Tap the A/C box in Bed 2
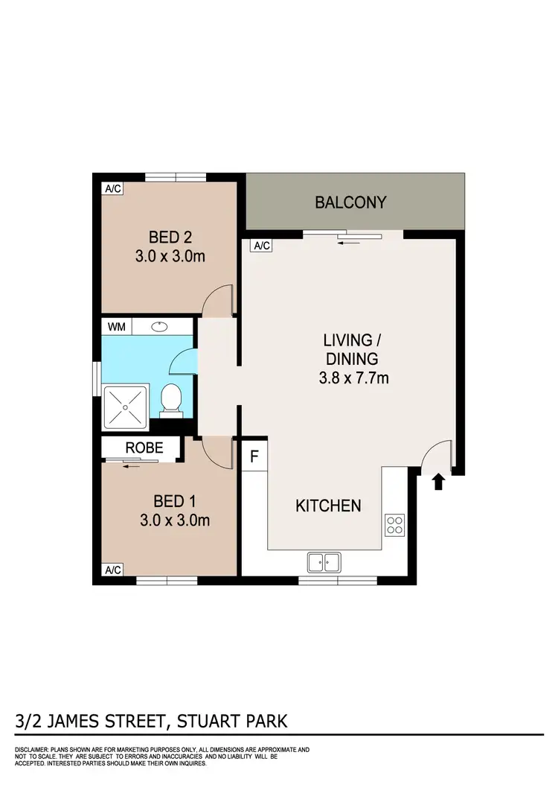point(113,189)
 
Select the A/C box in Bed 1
point(113,570)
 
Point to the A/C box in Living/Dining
point(261,246)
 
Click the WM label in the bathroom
point(117,326)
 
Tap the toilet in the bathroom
point(171,400)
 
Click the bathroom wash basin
point(158,326)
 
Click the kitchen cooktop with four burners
point(394,525)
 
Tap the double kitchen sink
point(324,563)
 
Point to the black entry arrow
point(438,482)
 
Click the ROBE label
point(139,448)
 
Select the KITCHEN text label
point(328,506)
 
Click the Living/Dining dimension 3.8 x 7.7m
point(352,378)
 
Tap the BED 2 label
point(170,238)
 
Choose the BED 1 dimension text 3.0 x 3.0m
point(175,520)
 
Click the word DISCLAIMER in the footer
point(33,749)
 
